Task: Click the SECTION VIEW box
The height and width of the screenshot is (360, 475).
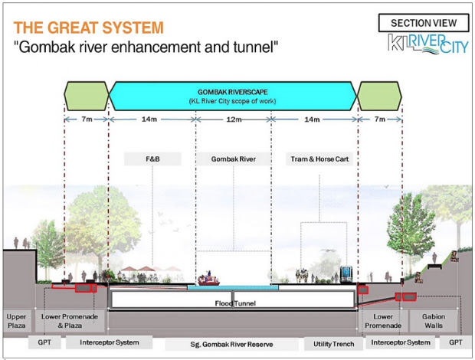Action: [424, 23]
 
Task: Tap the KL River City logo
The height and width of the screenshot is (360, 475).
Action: [428, 44]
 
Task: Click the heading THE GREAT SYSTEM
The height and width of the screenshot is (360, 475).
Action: [88, 28]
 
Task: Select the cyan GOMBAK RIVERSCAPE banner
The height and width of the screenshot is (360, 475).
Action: [233, 96]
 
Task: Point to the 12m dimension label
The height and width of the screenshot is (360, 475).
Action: [234, 119]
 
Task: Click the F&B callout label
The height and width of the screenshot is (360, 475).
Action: [152, 159]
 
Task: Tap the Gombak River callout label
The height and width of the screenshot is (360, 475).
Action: [234, 159]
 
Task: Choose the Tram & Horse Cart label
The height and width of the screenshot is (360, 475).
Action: [319, 159]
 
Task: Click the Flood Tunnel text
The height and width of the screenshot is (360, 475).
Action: [235, 303]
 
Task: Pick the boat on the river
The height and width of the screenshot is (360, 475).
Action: [208, 279]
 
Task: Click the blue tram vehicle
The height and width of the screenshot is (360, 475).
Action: [346, 274]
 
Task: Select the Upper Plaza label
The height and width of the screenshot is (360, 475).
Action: [16, 321]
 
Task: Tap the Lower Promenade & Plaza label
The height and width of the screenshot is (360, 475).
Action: [70, 321]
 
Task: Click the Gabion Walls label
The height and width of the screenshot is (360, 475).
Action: [434, 321]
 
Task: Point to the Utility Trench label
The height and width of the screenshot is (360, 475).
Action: [333, 344]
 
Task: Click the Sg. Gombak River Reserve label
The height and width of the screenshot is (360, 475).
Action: [231, 344]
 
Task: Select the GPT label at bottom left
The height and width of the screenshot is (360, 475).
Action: [44, 342]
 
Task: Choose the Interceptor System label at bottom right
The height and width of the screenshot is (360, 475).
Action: [401, 342]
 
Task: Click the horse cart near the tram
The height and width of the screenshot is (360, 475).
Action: [303, 276]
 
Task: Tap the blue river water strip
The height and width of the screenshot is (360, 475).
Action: [233, 287]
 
